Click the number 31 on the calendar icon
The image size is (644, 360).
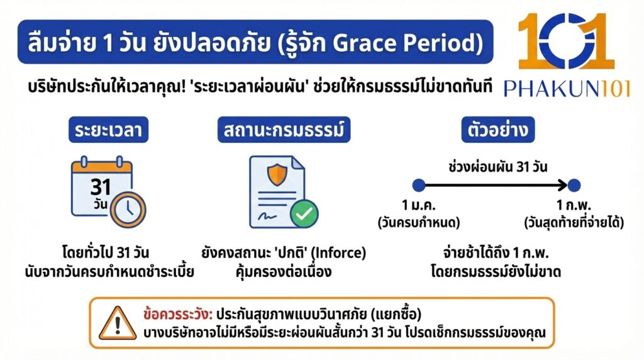(x=101, y=187)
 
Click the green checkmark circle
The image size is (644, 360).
(x=304, y=214)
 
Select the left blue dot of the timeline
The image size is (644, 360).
(x=419, y=185)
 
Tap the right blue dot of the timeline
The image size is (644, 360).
(x=574, y=185)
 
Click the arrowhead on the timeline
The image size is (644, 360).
(x=561, y=185)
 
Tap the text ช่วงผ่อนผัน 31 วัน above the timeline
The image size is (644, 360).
(x=497, y=167)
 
